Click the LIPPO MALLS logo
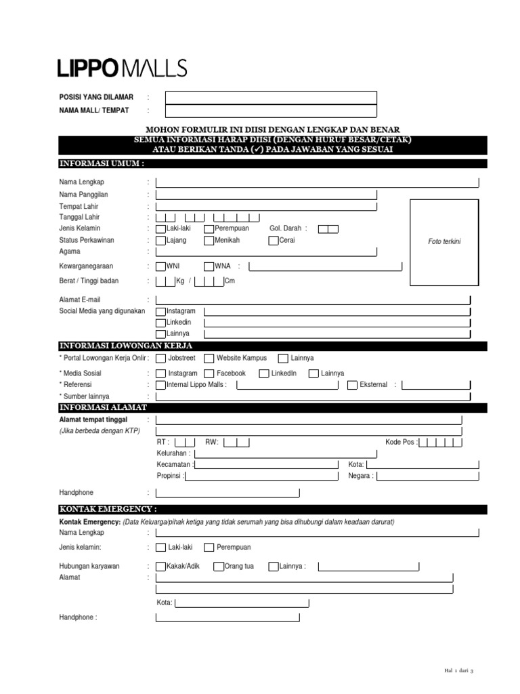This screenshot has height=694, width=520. click(x=122, y=68)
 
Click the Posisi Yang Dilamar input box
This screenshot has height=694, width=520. click(x=271, y=98)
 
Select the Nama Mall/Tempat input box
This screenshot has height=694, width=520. click(x=271, y=111)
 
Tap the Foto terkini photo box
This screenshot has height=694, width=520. click(x=444, y=241)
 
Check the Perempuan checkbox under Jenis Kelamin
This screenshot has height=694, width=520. click(x=209, y=229)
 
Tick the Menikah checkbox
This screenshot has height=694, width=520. click(x=209, y=241)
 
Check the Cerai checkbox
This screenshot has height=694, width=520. click(x=274, y=241)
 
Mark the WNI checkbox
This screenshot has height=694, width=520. click(x=161, y=266)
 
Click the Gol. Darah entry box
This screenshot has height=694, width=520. click(x=328, y=229)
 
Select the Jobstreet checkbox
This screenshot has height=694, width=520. click(x=160, y=358)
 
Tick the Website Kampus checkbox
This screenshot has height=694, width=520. click(x=209, y=358)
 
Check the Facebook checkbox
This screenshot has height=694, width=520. click(x=209, y=373)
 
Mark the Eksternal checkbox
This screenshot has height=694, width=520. click(x=353, y=385)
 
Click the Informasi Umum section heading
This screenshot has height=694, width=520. click(x=102, y=164)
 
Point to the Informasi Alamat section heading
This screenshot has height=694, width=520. click(x=102, y=407)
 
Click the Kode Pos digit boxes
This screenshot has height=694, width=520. click(x=441, y=443)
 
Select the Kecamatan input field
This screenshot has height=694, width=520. click(x=267, y=465)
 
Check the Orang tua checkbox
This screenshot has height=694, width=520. click(x=219, y=567)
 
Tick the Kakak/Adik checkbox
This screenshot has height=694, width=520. click(x=161, y=567)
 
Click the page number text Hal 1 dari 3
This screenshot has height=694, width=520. click(x=458, y=670)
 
